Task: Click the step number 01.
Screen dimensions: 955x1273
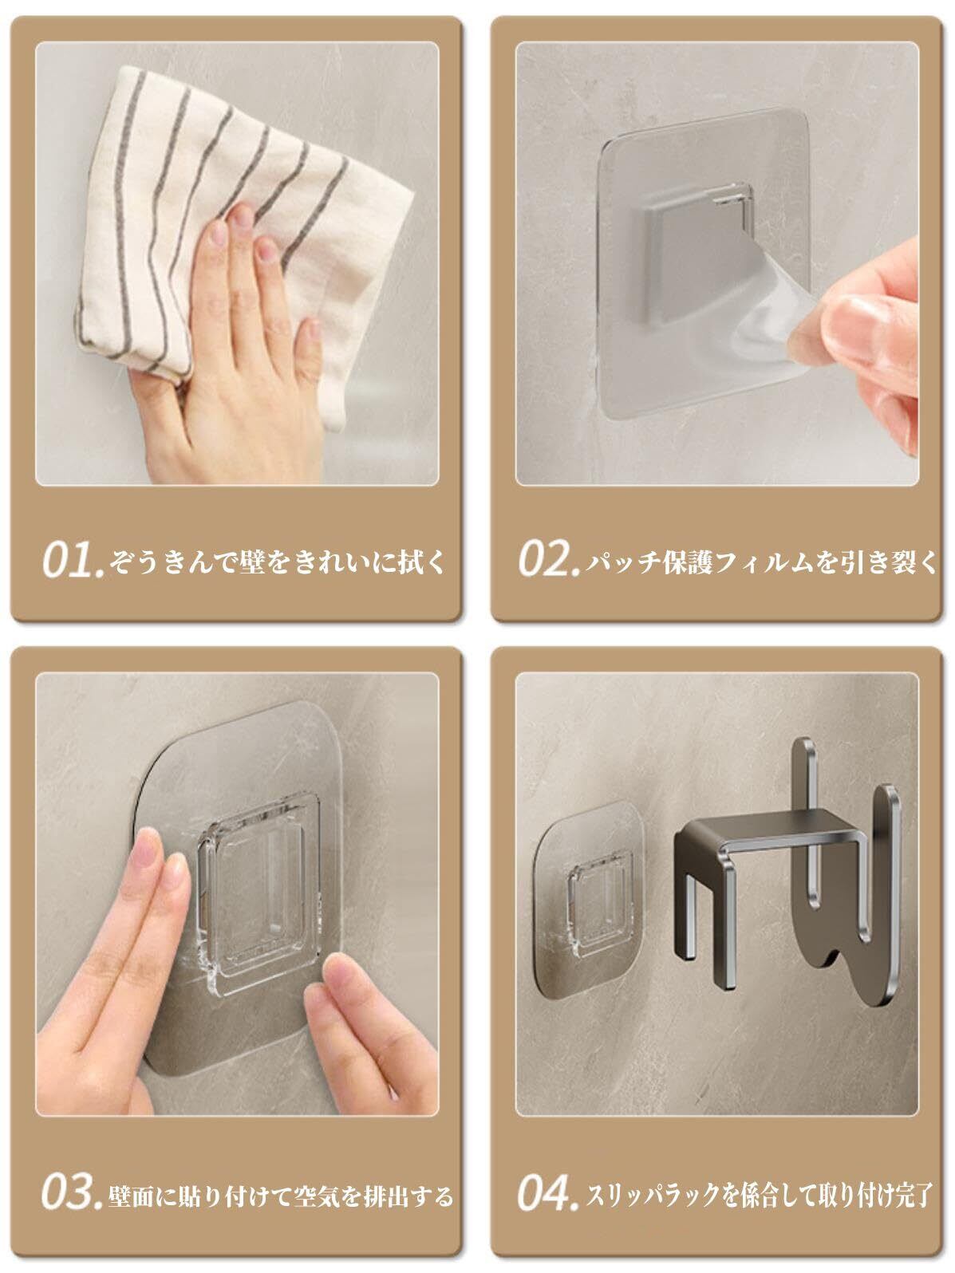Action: point(73,559)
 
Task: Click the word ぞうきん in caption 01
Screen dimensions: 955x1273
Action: point(160,562)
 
